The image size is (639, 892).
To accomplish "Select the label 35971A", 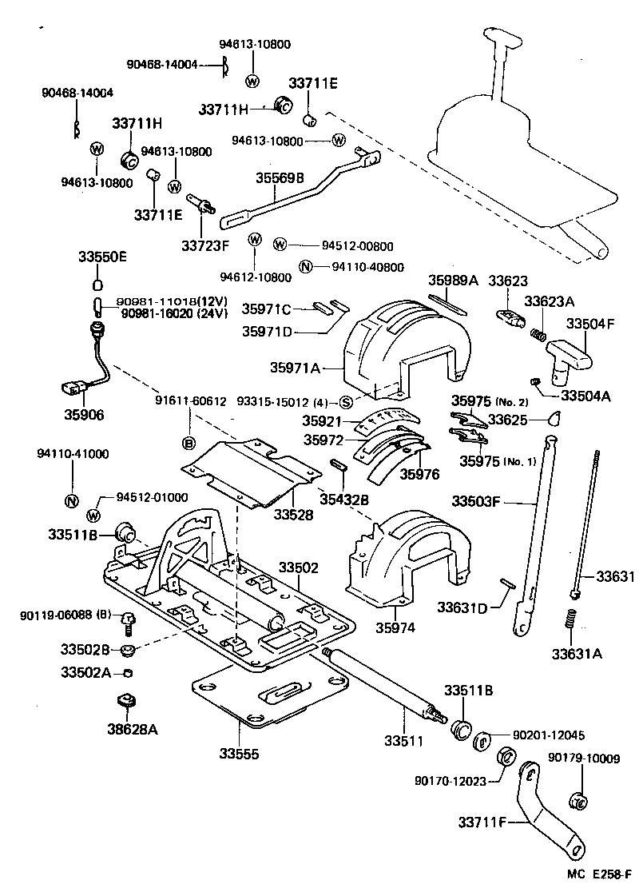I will pyautogui.click(x=295, y=368).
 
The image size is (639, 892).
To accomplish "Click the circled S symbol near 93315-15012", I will pyautogui.click(x=345, y=402).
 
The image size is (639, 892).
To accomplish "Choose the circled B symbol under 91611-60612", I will pyautogui.click(x=189, y=442).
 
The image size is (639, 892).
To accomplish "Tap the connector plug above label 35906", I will pyautogui.click(x=70, y=389).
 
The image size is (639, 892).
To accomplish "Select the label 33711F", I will pyautogui.click(x=482, y=820).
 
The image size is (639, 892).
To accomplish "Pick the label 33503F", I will pyautogui.click(x=476, y=502).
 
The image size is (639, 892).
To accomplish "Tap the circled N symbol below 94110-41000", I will pyautogui.click(x=71, y=501).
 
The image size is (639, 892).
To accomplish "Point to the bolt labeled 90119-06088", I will pyautogui.click(x=126, y=618).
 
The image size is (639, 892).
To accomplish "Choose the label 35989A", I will pyautogui.click(x=453, y=281).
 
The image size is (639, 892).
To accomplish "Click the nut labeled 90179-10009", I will pyautogui.click(x=579, y=799).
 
